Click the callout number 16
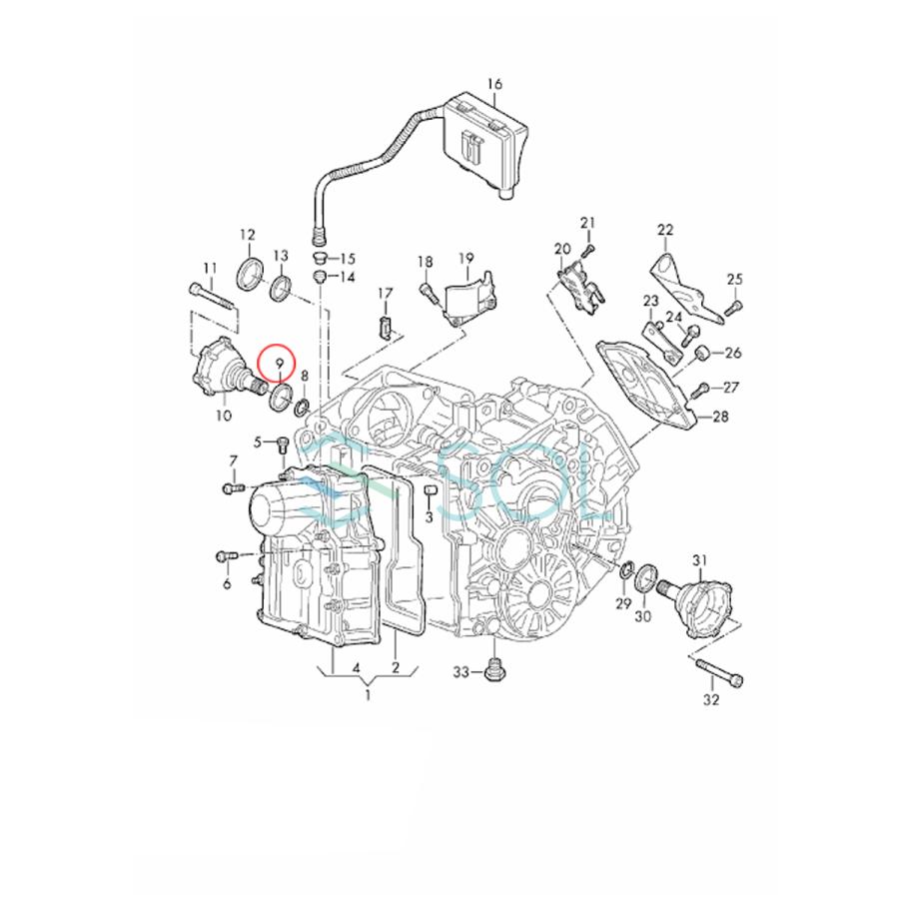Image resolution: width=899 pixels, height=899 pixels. pos(495,83)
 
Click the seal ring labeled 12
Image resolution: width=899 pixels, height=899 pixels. pos(250,271)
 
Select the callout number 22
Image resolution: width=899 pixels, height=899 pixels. pos(666,230)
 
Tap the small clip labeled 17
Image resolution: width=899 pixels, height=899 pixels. pos(386,325)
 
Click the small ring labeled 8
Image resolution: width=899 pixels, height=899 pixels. pos(301,407)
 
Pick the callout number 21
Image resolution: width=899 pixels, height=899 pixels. pos(587,222)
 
